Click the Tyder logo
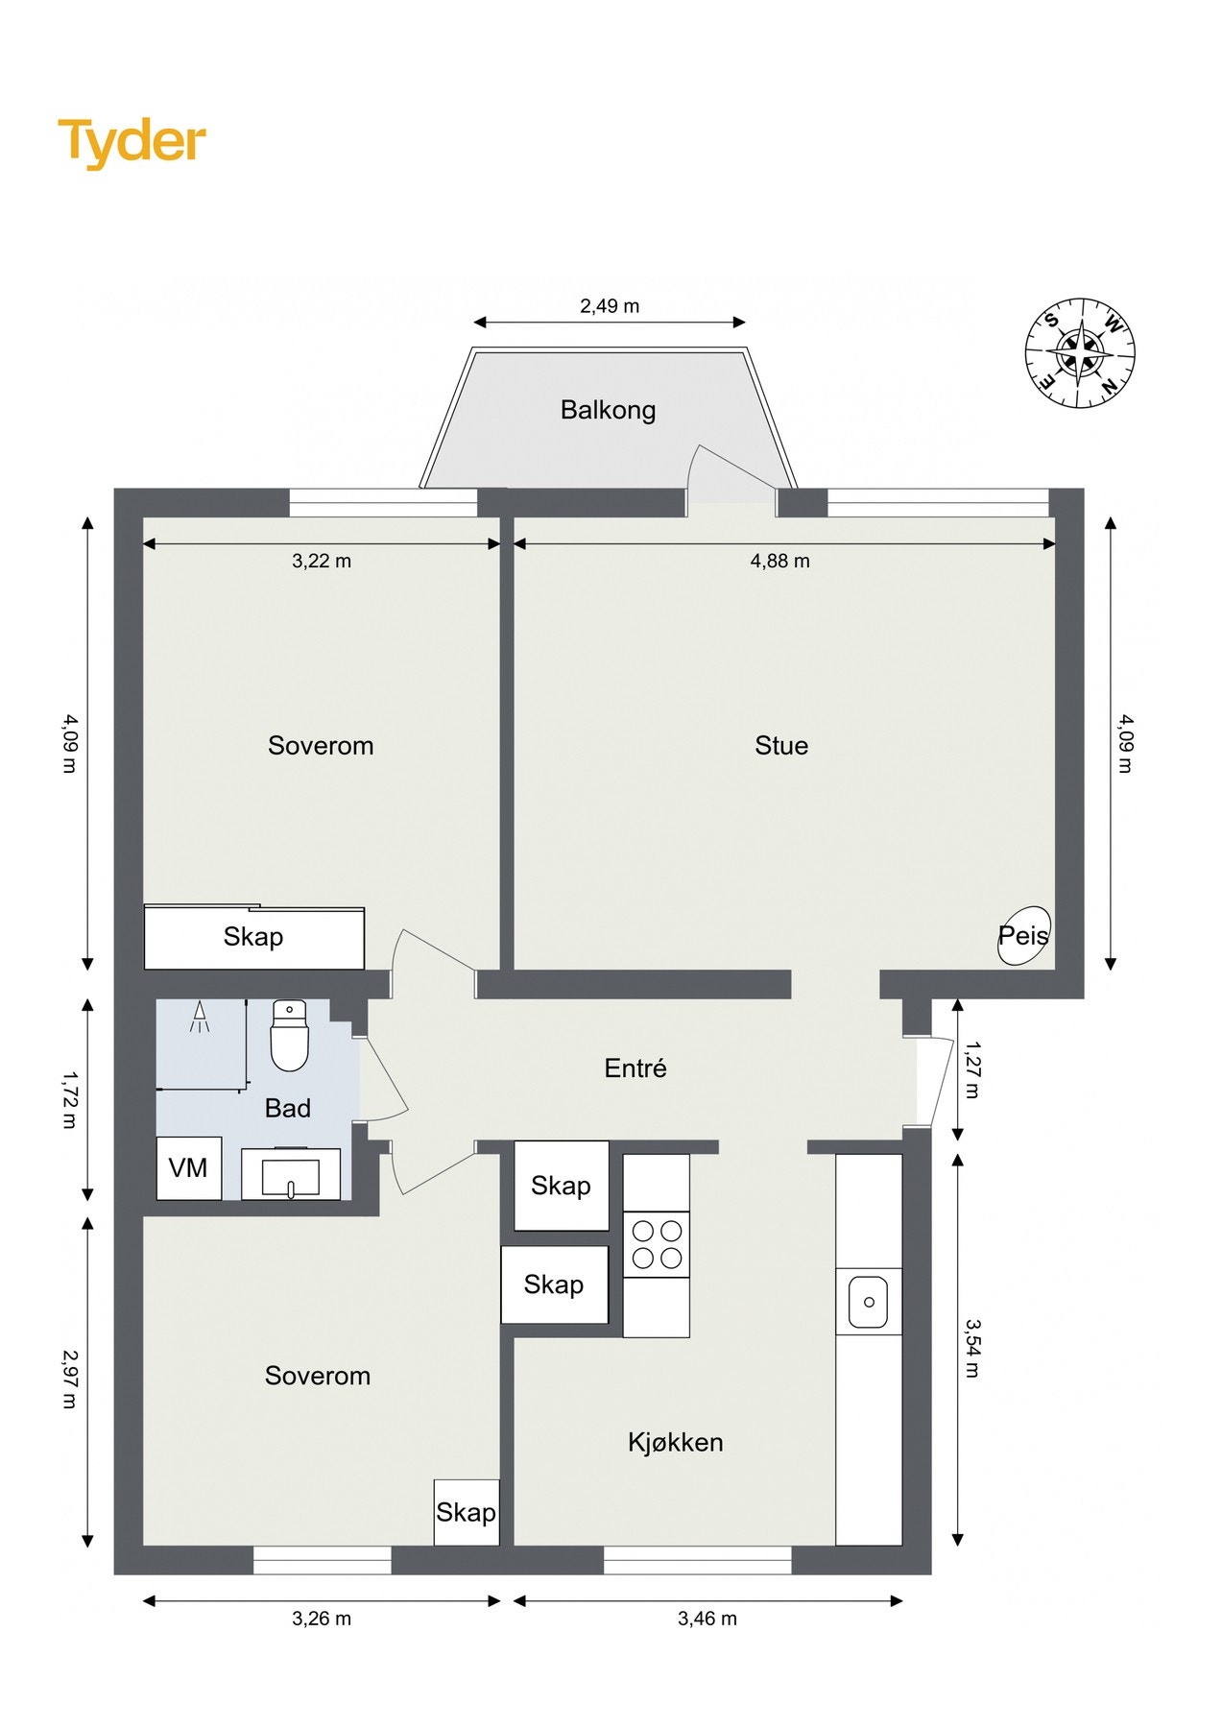132,142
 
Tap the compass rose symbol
1080,353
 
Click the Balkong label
609,410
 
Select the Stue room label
781,746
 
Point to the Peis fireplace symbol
1023,935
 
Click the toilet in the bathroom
289,1035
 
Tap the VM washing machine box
189,1168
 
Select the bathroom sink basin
291,1174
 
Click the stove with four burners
657,1244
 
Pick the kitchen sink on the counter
869,1302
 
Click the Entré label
635,1068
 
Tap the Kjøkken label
676,1442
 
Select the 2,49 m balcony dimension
610,306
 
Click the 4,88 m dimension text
780,561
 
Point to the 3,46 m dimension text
707,1619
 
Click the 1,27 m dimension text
972,1069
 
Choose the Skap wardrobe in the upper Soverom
254,937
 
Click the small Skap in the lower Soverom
467,1512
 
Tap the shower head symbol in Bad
200,1018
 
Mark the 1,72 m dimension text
69,1100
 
